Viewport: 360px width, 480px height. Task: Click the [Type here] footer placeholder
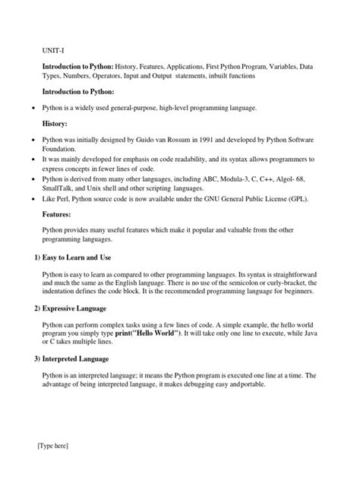click(52, 446)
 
